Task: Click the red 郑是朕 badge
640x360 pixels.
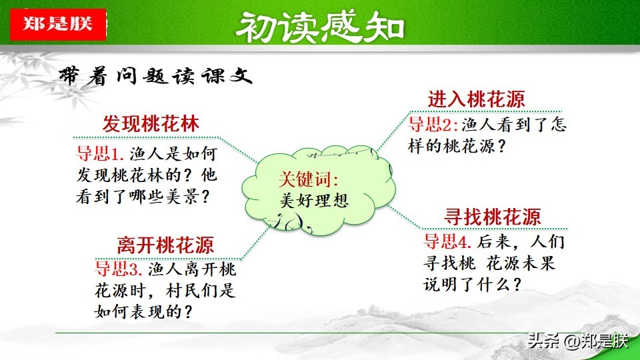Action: pyautogui.click(x=58, y=24)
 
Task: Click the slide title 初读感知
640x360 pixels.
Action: pyautogui.click(x=321, y=27)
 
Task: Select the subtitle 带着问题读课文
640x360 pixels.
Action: pyautogui.click(x=155, y=75)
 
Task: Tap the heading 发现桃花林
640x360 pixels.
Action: pyautogui.click(x=151, y=124)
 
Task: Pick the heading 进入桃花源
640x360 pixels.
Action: pyautogui.click(x=476, y=99)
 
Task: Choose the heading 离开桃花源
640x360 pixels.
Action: pyautogui.click(x=165, y=245)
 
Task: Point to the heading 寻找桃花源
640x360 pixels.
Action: pyautogui.click(x=493, y=216)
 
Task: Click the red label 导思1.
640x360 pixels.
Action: pyautogui.click(x=100, y=154)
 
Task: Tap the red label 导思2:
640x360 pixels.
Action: pyautogui.click(x=433, y=124)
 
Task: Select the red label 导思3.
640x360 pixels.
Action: pyautogui.click(x=119, y=269)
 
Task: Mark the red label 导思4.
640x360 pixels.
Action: pyautogui.click(x=447, y=241)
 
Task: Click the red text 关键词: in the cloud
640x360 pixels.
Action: pyautogui.click(x=309, y=179)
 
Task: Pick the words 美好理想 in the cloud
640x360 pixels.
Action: pyautogui.click(x=314, y=201)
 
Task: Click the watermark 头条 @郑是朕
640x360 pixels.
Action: pyautogui.click(x=578, y=341)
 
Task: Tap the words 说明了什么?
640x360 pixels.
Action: pyautogui.click(x=473, y=285)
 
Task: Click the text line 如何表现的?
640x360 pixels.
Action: pyautogui.click(x=143, y=312)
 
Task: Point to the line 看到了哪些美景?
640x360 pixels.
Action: pyautogui.click(x=143, y=197)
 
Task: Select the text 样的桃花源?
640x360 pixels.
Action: pyautogui.click(x=457, y=146)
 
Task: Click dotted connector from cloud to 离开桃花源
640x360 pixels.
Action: pyautogui.click(x=255, y=243)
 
